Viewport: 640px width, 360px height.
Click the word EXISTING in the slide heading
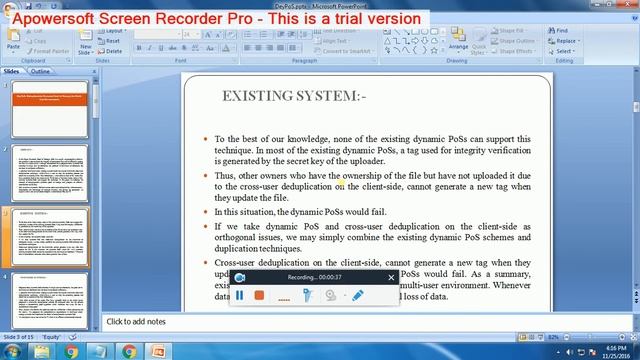pyautogui.click(x=258, y=96)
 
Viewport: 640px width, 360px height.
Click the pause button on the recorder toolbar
pyautogui.click(x=240, y=295)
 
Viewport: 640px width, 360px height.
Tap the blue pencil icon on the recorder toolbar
pyautogui.click(x=357, y=295)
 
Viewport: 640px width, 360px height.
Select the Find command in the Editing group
pyautogui.click(x=563, y=30)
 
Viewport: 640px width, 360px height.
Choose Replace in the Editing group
pyautogui.click(x=566, y=40)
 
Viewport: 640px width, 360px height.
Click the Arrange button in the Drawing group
pyautogui.click(x=458, y=43)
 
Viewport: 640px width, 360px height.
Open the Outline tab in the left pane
pyautogui.click(x=41, y=72)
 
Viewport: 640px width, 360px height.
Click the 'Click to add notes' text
pyautogui.click(x=137, y=321)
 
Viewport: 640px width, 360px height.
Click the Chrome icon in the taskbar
pyautogui.click(x=129, y=351)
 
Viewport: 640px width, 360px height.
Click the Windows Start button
pyautogui.click(x=12, y=351)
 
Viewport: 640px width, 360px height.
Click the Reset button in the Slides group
pyautogui.click(x=112, y=41)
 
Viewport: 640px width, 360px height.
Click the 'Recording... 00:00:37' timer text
pyautogui.click(x=314, y=276)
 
